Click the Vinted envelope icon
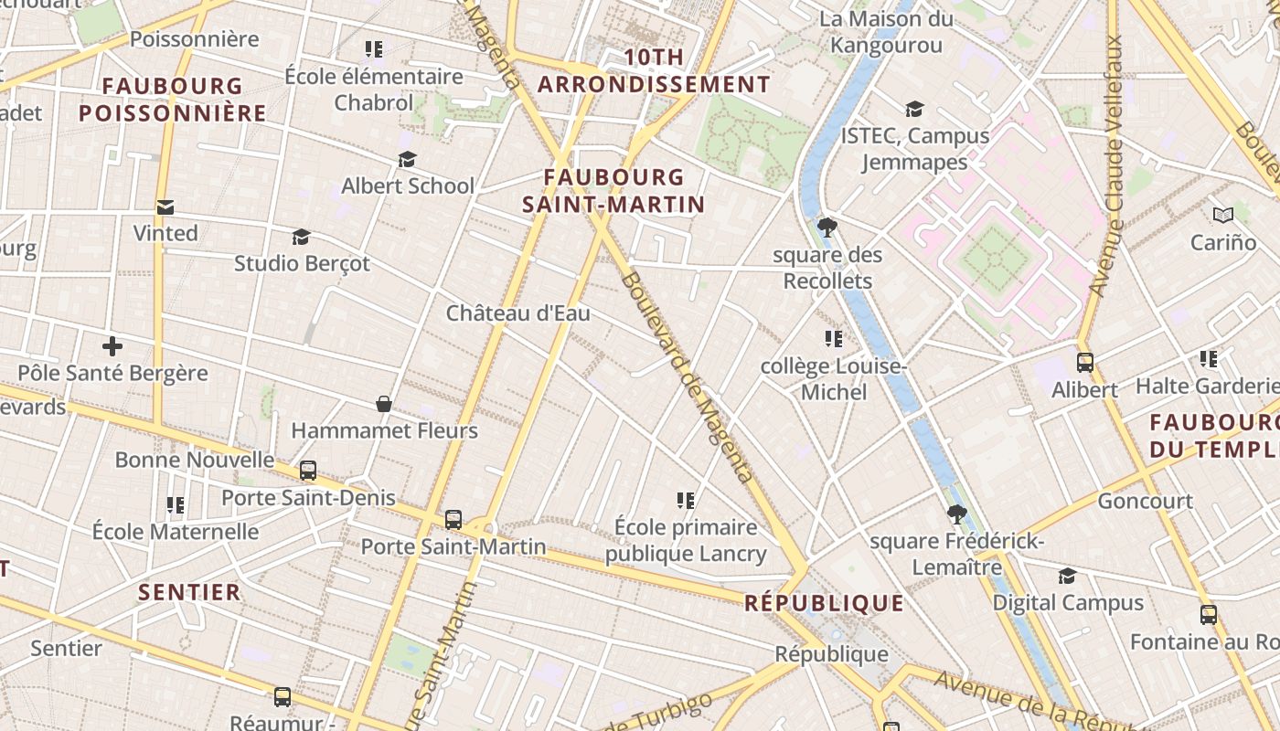tap(165, 207)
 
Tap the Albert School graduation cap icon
tap(407, 160)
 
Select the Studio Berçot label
tap(302, 263)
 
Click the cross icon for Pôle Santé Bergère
tap(112, 346)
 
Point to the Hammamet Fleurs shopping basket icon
tap(384, 404)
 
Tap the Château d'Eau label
tap(517, 313)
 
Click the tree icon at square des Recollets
tap(827, 228)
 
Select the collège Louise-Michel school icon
tap(833, 339)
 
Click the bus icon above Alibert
tap(1084, 362)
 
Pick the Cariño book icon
tap(1223, 216)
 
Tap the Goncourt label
tap(1145, 501)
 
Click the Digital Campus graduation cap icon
tap(1067, 576)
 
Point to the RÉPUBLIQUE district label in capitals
tap(824, 603)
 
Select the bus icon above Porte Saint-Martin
tap(453, 520)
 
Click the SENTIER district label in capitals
tap(189, 592)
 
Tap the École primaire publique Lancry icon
tap(686, 500)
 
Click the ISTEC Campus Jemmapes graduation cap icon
tap(914, 110)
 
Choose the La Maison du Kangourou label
tap(885, 32)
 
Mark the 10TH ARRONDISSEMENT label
tap(654, 70)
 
